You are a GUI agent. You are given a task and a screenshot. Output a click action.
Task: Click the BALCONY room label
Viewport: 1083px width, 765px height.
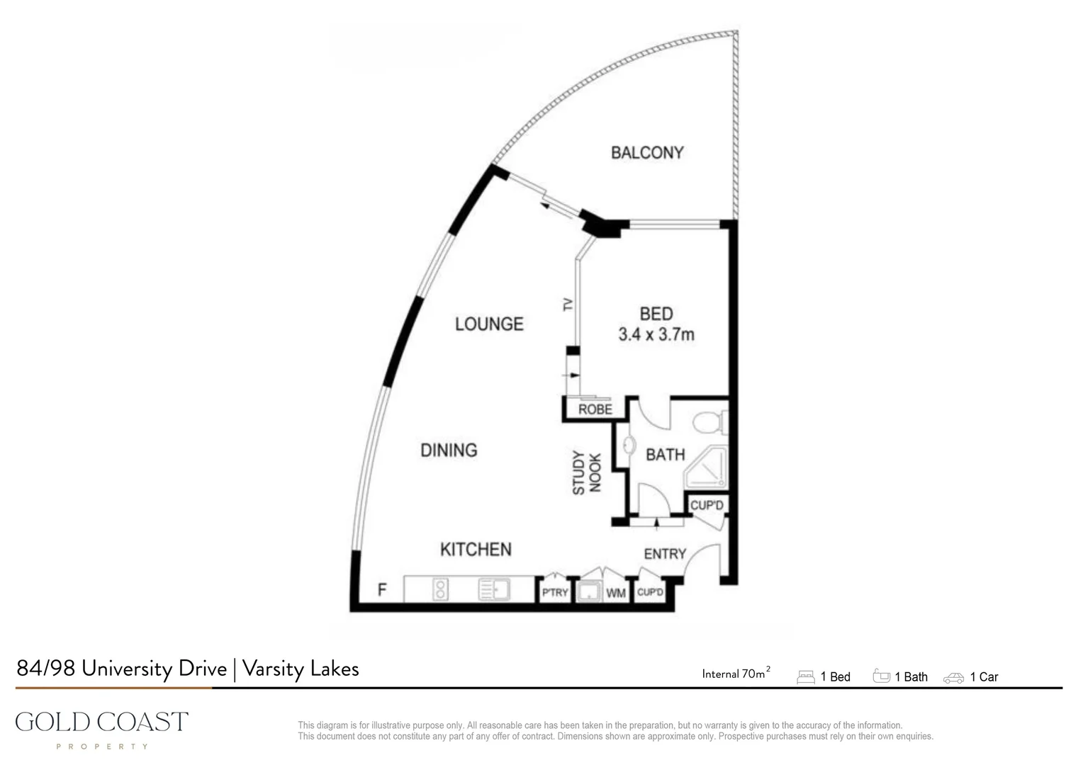click(x=646, y=152)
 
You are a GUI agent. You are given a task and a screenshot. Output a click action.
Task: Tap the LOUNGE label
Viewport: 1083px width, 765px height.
click(x=489, y=324)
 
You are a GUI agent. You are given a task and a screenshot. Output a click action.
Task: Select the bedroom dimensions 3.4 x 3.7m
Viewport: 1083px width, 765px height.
click(x=656, y=334)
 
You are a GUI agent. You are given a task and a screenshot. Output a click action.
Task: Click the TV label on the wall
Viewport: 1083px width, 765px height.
click(x=568, y=305)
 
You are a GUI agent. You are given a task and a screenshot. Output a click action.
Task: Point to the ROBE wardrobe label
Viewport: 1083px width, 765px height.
click(x=595, y=409)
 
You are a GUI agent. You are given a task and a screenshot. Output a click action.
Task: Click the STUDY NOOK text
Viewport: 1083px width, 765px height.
click(x=587, y=473)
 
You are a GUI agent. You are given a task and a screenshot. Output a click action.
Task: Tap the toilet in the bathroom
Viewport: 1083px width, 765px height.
click(x=706, y=424)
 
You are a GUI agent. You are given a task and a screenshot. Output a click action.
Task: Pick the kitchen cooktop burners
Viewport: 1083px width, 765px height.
click(x=440, y=589)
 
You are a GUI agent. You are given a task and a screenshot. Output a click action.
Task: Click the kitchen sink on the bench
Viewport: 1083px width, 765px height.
click(x=493, y=589)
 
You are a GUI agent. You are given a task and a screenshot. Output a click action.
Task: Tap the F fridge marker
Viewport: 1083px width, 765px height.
click(x=382, y=589)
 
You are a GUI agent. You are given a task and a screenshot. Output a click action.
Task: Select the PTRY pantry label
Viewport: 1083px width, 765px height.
click(x=555, y=592)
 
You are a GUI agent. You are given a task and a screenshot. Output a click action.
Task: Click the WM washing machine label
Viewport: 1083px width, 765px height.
click(x=615, y=593)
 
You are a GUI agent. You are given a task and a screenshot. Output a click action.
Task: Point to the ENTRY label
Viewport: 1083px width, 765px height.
click(x=665, y=554)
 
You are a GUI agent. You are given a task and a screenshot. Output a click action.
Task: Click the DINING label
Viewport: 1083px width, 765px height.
click(x=449, y=450)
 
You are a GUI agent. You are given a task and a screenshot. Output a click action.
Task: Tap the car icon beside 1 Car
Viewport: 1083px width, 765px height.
click(x=953, y=678)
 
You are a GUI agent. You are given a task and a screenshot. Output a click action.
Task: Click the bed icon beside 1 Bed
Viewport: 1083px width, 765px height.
click(x=806, y=677)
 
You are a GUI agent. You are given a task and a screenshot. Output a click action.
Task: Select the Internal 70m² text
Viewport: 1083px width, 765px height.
click(x=735, y=674)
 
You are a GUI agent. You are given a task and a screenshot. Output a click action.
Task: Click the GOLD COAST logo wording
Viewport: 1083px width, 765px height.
click(x=102, y=722)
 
